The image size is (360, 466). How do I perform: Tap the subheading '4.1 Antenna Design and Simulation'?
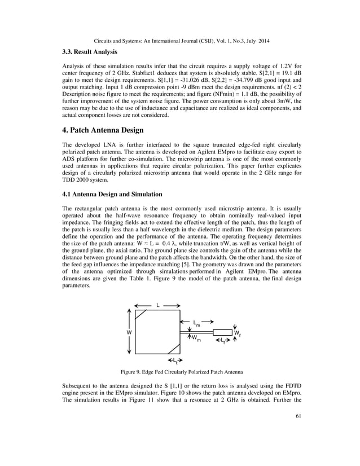point(112,195)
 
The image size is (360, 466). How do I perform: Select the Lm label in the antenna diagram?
point(196,323)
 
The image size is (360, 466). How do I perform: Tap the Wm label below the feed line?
point(196,338)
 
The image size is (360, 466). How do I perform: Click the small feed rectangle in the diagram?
point(223,332)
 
